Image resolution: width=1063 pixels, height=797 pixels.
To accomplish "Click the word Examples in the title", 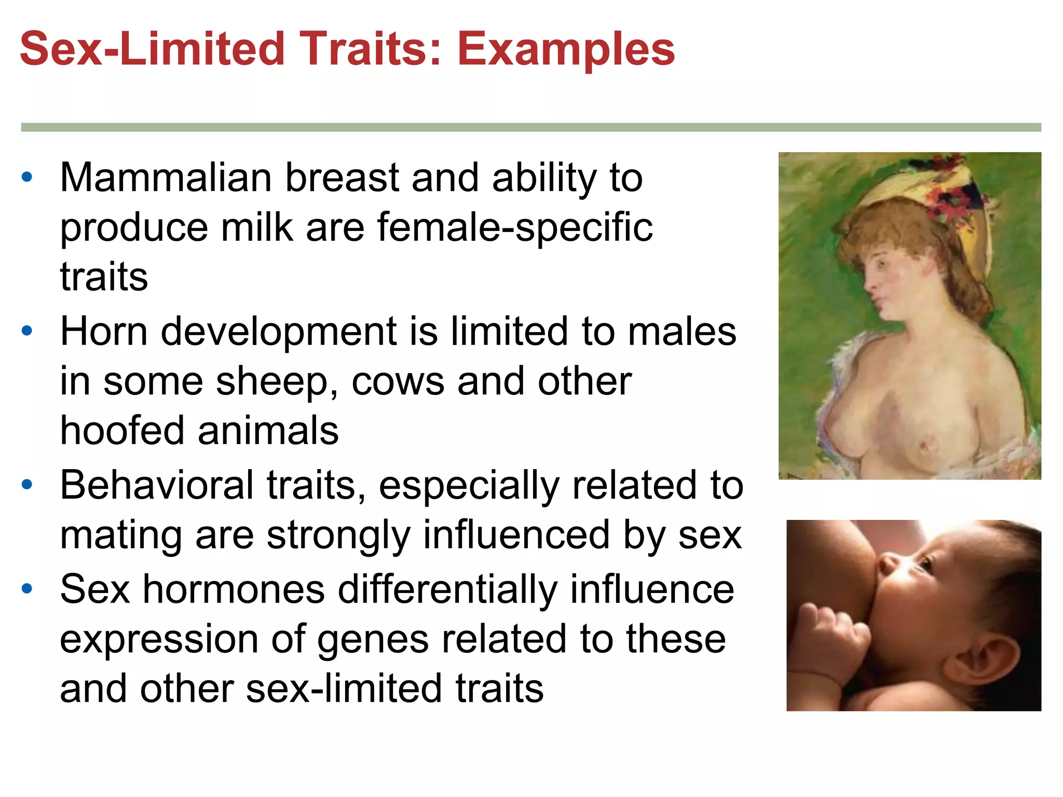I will click(566, 50).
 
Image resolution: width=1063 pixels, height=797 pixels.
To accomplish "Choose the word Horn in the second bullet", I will click(104, 332).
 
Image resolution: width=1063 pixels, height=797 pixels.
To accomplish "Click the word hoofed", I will click(122, 431).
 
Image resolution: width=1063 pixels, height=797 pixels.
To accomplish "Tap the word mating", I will click(120, 535).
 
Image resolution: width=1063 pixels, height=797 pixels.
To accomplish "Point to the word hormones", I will click(234, 589).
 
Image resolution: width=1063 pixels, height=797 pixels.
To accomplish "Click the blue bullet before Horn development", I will click(27, 331).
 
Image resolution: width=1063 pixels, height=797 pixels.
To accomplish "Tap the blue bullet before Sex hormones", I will click(27, 588).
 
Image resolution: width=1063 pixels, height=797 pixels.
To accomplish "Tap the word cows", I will click(398, 382).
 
